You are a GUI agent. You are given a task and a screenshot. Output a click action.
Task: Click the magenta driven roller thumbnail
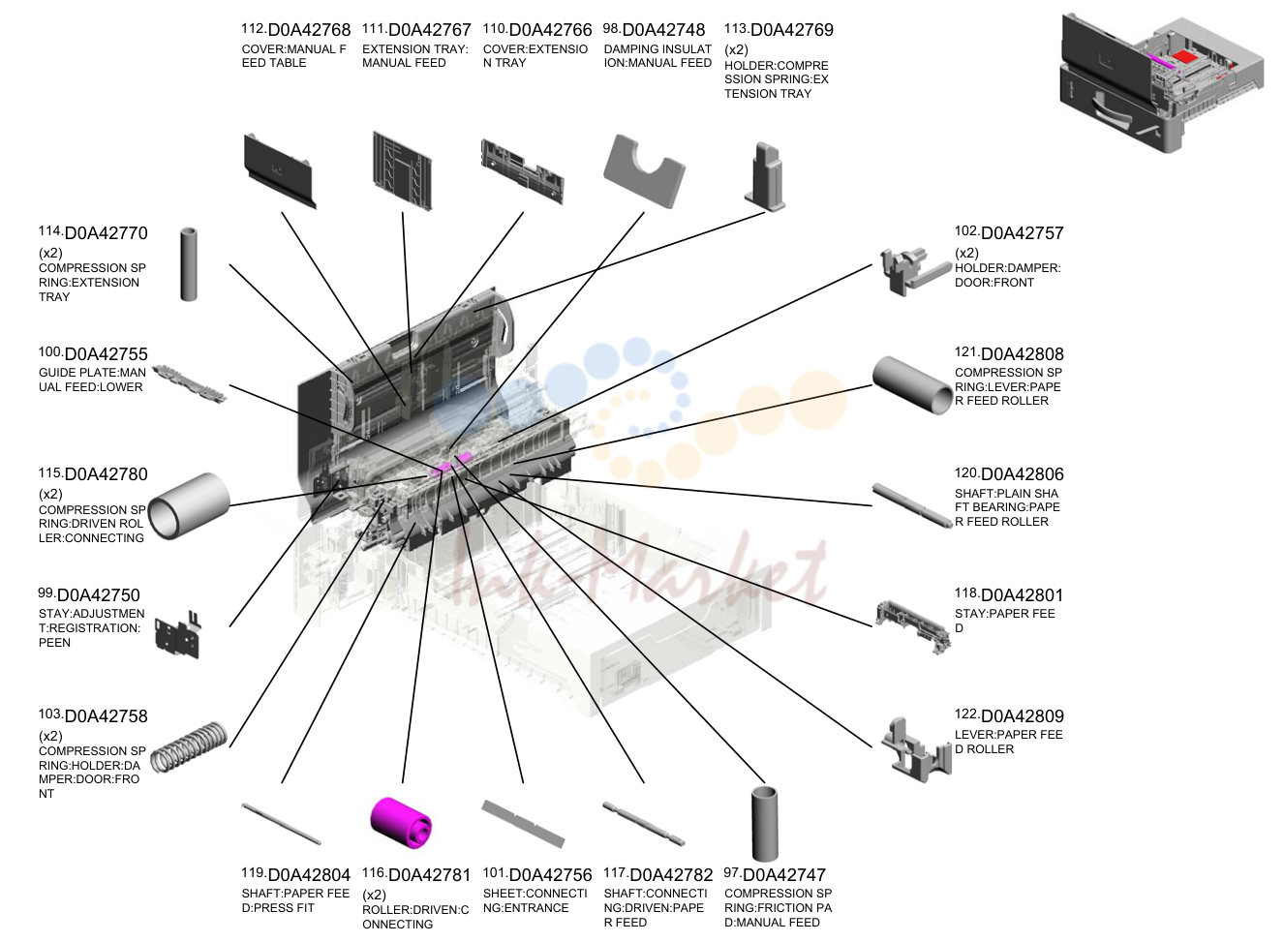pos(401,822)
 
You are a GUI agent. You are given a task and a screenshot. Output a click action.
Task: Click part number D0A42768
pos(309,30)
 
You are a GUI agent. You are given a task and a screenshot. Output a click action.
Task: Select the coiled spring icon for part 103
pos(189,746)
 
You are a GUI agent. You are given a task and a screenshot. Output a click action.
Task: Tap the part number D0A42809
pos(1022,716)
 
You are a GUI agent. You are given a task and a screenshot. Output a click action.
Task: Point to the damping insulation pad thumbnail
pos(644,170)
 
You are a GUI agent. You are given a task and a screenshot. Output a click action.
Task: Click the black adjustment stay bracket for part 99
pos(178,635)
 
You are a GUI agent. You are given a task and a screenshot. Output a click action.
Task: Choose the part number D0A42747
pos(784,875)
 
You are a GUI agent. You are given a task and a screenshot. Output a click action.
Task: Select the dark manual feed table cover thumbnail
pos(280,170)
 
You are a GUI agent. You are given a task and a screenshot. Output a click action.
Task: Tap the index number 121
pos(966,351)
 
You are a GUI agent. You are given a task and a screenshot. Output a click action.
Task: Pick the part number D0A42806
pos(1022,474)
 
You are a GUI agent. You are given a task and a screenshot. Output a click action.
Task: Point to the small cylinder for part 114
pos(189,264)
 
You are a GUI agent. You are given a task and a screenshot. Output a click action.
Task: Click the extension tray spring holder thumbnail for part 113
pos(765,176)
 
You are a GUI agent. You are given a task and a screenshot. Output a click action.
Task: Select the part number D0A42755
pos(107,354)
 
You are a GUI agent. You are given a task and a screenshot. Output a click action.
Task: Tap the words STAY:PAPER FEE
pos(1005,614)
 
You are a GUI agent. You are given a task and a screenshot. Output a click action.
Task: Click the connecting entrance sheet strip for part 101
pos(523,824)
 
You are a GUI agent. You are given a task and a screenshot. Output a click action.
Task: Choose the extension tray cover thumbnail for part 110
pos(522,171)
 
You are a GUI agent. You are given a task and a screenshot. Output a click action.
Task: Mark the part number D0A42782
pos(671,875)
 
